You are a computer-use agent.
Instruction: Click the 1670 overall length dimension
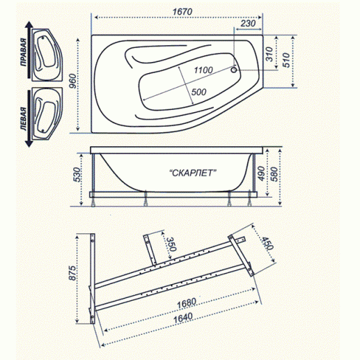click(182, 12)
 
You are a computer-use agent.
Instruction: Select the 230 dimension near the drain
click(248, 23)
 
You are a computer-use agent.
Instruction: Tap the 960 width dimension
click(72, 81)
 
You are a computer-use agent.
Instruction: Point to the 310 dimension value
click(269, 54)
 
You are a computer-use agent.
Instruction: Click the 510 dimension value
click(286, 60)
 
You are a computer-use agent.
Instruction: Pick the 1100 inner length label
click(203, 70)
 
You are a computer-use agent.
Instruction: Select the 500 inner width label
click(198, 92)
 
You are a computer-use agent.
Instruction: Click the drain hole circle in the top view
click(234, 70)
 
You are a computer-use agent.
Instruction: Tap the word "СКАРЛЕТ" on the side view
click(193, 173)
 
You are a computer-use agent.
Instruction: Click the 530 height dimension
click(78, 174)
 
